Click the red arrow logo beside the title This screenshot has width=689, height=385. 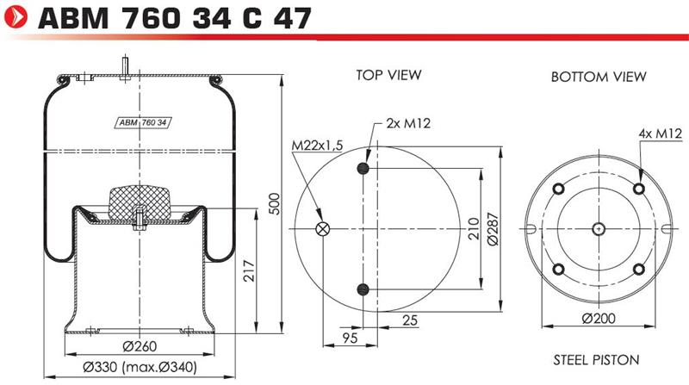pos(15,17)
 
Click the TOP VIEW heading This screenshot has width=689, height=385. pos(388,75)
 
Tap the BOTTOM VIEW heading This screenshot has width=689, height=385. pos(599,77)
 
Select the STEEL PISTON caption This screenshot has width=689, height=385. pos(596,360)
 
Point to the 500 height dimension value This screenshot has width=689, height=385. pos(274,203)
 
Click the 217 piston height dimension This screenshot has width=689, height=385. pos(249,270)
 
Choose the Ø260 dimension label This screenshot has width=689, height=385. pos(140,346)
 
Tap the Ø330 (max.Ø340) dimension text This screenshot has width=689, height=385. pos(140,367)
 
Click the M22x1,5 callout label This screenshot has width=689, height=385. pos(317,146)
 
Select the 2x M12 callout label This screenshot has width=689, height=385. pos(408,123)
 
